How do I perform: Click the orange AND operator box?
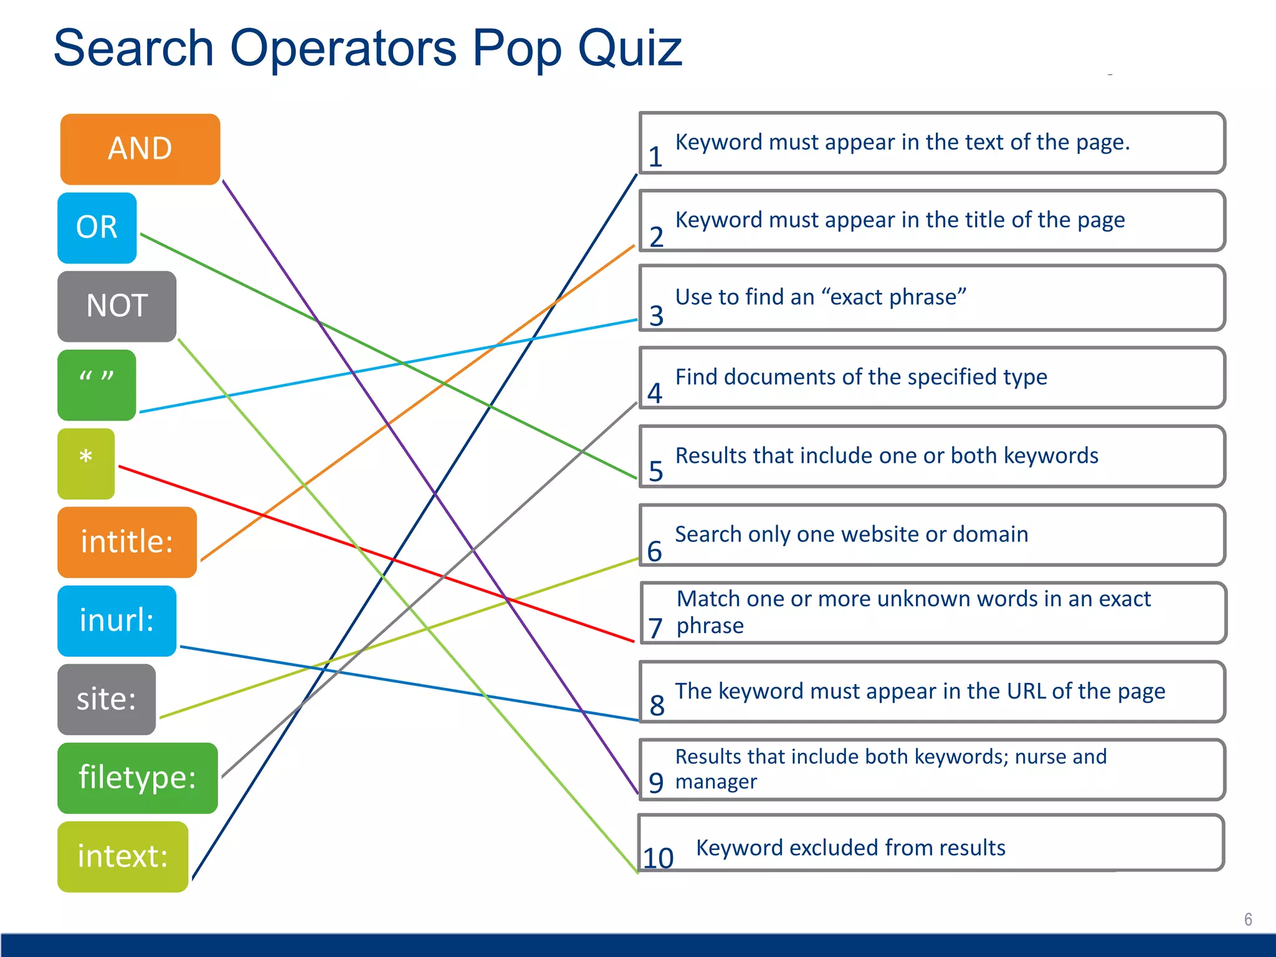[x=140, y=149]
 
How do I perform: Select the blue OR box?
[x=97, y=227]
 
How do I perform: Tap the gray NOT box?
[x=117, y=306]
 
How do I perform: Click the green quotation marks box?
[x=97, y=384]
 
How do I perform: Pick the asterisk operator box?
[x=86, y=463]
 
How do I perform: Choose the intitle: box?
[x=127, y=541]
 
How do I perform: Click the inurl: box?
[x=117, y=620]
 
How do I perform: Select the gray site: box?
[x=107, y=698]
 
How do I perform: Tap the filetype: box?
[x=137, y=777]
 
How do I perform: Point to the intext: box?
[x=123, y=856]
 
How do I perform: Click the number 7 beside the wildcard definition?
[x=655, y=627]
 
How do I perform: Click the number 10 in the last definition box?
[x=658, y=858]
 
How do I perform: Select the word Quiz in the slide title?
[x=630, y=48]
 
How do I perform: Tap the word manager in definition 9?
[x=716, y=781]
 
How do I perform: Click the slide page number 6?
[x=1248, y=919]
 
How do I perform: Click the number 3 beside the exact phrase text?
[x=656, y=315]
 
